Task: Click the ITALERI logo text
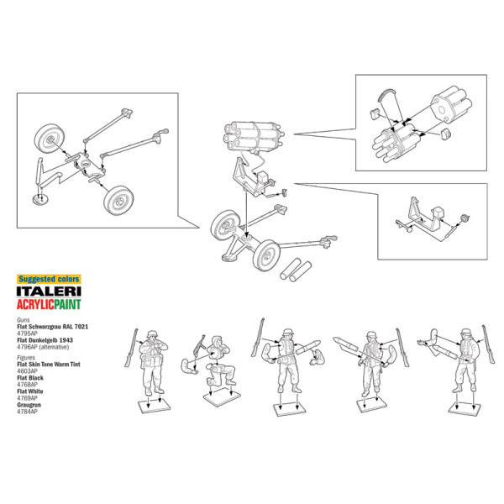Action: click(x=49, y=291)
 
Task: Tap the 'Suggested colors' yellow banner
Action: click(x=49, y=279)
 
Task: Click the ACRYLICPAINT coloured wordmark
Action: click(x=49, y=304)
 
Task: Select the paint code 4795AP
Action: click(x=28, y=333)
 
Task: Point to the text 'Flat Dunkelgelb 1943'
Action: click(x=45, y=340)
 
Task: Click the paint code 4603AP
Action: click(x=28, y=371)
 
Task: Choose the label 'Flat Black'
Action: click(x=30, y=378)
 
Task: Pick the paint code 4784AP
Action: click(x=28, y=412)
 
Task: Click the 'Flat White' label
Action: click(x=30, y=391)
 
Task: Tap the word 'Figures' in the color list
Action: click(x=26, y=358)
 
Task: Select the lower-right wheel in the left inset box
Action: click(x=118, y=201)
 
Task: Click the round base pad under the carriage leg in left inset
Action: click(x=40, y=199)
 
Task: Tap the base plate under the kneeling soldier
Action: click(x=222, y=397)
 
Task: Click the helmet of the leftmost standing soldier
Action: click(x=151, y=333)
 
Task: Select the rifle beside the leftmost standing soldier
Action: click(x=131, y=348)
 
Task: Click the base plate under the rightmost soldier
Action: click(x=465, y=409)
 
